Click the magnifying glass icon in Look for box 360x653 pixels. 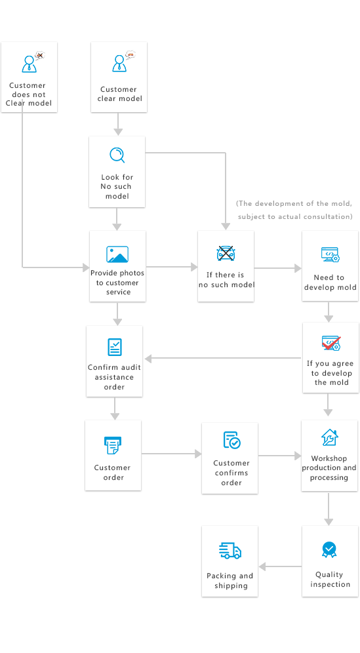(x=117, y=155)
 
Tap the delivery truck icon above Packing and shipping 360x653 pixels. (x=230, y=550)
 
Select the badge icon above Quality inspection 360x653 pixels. (x=329, y=549)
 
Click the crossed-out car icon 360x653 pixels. (x=226, y=253)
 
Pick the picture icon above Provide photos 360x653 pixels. (x=117, y=254)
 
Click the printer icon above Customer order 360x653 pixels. (x=113, y=445)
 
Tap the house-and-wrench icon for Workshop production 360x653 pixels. (x=330, y=437)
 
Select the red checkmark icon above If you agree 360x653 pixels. (x=331, y=343)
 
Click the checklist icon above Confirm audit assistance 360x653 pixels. (x=115, y=347)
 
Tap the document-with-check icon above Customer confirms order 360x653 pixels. (x=231, y=440)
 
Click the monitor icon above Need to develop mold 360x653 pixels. (x=330, y=254)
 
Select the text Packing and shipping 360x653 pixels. (x=230, y=580)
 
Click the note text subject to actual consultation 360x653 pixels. (x=295, y=216)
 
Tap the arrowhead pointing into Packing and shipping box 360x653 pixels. (x=262, y=566)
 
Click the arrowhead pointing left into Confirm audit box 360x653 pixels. (x=148, y=358)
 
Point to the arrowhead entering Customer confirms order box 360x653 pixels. (x=198, y=454)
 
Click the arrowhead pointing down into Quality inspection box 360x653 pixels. (x=329, y=522)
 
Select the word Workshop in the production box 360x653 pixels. (x=329, y=458)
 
